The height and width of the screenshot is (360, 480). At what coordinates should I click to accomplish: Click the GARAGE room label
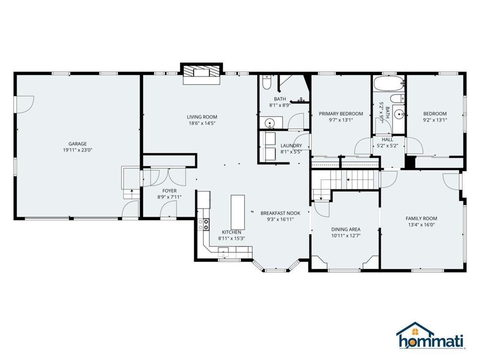77,143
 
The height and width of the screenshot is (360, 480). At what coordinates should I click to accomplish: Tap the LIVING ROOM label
202,117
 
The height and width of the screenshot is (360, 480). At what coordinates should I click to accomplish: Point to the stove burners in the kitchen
203,224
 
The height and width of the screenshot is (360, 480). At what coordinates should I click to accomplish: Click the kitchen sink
223,253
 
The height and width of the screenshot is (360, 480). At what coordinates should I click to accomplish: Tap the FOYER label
170,191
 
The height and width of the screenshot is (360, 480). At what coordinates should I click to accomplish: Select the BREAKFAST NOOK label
280,213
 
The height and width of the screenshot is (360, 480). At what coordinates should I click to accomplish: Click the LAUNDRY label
291,146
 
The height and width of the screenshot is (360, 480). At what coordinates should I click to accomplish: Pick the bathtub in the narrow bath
389,83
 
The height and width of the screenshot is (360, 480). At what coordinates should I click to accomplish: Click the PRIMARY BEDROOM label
341,113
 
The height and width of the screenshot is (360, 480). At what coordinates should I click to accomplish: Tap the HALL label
388,140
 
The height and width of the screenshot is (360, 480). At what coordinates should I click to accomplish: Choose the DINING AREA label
345,229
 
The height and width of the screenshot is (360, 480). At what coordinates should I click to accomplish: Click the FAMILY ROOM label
421,218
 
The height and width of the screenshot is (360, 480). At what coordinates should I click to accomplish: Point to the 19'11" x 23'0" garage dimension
77,150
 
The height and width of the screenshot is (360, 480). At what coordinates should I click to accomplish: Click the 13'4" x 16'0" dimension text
421,225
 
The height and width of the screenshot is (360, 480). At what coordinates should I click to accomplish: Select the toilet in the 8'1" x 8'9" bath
266,82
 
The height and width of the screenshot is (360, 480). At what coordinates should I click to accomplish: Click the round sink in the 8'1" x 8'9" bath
270,123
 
